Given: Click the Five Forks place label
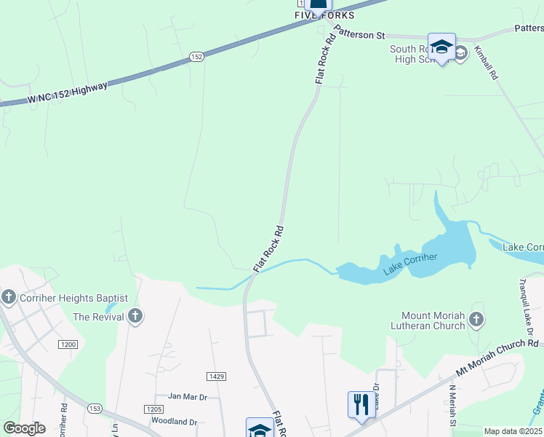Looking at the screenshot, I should point(324,15).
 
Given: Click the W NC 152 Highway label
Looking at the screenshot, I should point(68,93).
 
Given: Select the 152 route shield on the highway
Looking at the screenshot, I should point(196,56).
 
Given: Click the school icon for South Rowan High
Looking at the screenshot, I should point(441,47).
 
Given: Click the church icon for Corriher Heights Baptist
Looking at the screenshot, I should point(9,297).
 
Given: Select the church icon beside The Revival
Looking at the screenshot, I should point(135,316).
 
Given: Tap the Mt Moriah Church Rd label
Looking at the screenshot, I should point(497,358).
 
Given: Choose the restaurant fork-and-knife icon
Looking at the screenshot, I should point(361,404).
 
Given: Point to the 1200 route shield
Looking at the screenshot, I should point(69,344).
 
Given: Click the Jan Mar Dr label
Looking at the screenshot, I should point(188,396).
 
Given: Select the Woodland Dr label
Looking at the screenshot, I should point(175,422).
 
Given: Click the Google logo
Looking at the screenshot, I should point(25,428).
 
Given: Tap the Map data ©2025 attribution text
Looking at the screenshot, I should point(513,431).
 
